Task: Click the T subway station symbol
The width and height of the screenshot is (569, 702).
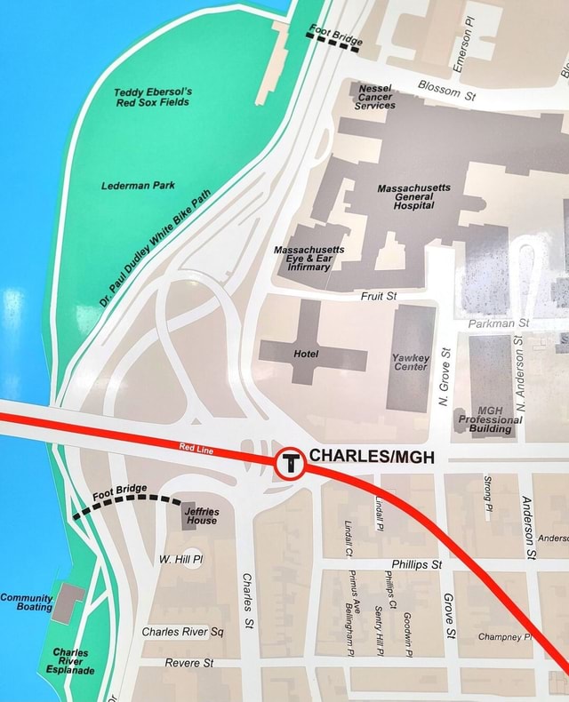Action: coord(289,463)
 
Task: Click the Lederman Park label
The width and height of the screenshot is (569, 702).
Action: coord(138,186)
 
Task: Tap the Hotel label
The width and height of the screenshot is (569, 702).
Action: coord(306,355)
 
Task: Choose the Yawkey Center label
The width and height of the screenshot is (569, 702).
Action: coord(410,361)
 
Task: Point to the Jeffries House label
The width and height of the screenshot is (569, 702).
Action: coord(201,515)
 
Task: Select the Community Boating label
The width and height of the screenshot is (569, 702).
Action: coord(26,602)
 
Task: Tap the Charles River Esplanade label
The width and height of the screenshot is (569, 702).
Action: coord(70,661)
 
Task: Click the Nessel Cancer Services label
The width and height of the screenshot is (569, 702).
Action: coord(375,97)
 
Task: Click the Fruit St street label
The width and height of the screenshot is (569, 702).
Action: coord(379,296)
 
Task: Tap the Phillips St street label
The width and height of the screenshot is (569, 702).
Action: coord(416,563)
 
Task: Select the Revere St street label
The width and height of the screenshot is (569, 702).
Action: coord(188,663)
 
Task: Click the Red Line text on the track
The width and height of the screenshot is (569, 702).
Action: coord(196,449)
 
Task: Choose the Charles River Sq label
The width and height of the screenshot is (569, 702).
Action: coord(182,632)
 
